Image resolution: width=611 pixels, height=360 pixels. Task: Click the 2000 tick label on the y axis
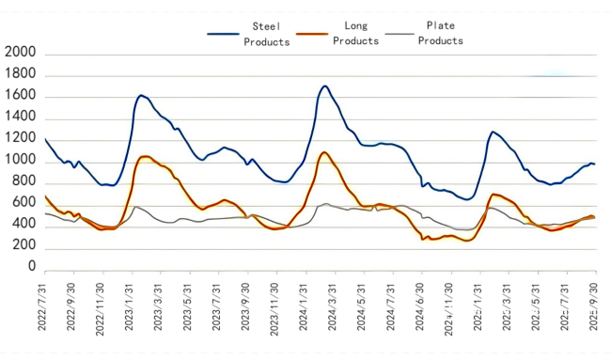(21, 55)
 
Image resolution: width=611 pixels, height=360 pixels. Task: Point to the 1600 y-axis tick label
(21, 97)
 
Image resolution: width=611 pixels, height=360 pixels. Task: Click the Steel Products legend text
(267, 34)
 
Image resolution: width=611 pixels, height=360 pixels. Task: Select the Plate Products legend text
(441, 34)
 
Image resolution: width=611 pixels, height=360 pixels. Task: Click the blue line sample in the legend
(223, 34)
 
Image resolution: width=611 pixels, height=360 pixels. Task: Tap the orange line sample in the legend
(312, 34)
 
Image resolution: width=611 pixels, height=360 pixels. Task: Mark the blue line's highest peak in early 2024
(324, 86)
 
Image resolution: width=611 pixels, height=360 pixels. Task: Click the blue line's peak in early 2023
(141, 95)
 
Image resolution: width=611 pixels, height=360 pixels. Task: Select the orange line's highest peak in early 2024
(323, 151)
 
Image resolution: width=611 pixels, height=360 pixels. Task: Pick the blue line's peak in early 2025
(493, 132)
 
